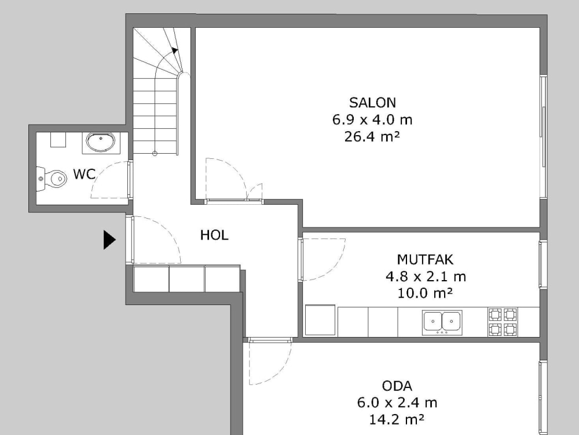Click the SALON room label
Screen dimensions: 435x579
(x=372, y=103)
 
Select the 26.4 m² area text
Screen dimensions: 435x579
(x=372, y=137)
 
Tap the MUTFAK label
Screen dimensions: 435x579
(x=426, y=259)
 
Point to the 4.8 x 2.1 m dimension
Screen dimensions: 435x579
(x=426, y=276)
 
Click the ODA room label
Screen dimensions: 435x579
(x=397, y=386)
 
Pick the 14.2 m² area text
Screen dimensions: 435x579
(x=397, y=419)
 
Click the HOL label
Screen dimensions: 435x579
(x=214, y=235)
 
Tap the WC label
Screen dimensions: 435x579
(x=85, y=174)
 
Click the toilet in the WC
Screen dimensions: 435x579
(x=52, y=179)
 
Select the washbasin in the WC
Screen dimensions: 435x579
(x=101, y=141)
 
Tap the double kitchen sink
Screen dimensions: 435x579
(x=442, y=321)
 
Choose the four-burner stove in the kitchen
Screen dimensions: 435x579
(x=503, y=322)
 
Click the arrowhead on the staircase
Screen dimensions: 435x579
(x=175, y=50)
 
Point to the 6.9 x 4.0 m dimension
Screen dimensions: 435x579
(x=372, y=120)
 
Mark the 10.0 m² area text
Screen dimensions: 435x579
(x=426, y=293)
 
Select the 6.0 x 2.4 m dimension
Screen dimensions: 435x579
(x=397, y=403)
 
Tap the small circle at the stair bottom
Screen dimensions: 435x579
(x=155, y=153)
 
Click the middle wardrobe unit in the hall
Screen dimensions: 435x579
(x=186, y=279)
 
